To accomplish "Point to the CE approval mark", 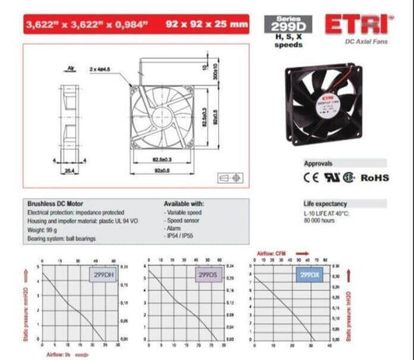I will point(311,177).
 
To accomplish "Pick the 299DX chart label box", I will point(308,274).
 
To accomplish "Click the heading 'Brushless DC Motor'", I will point(50,204).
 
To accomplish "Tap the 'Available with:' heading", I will point(184,204).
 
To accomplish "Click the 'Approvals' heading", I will point(318,164).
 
